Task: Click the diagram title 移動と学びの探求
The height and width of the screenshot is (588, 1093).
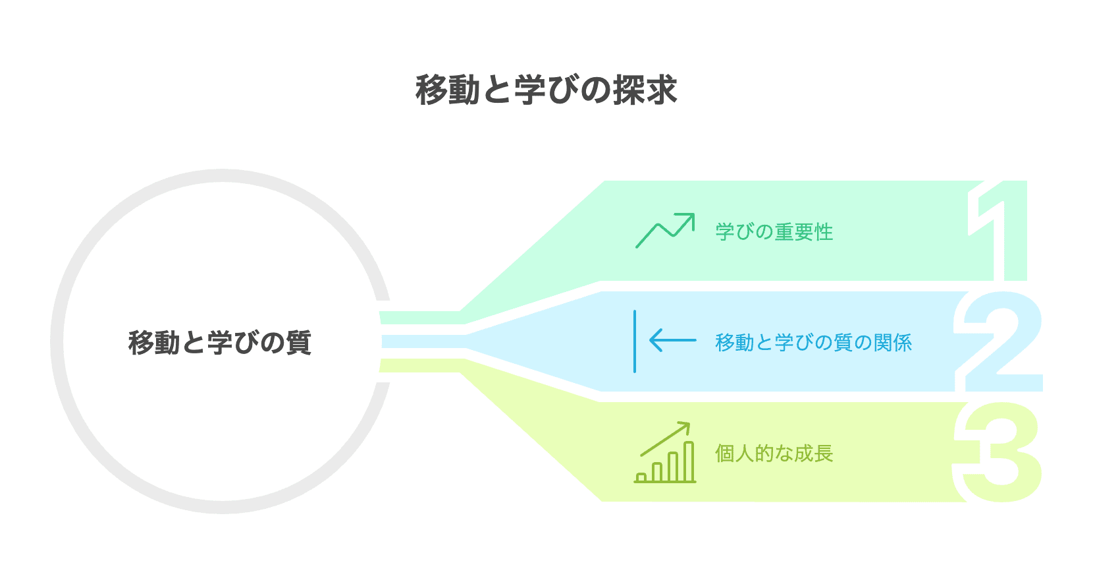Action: point(546,90)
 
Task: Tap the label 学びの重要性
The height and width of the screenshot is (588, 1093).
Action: point(774,232)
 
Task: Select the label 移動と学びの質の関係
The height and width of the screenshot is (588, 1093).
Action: point(813,343)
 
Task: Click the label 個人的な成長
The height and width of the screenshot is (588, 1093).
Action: point(774,454)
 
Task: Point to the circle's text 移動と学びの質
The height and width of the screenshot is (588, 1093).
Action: point(219,343)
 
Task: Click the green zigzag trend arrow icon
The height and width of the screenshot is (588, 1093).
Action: point(664,231)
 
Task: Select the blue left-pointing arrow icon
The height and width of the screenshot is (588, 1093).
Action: point(672,340)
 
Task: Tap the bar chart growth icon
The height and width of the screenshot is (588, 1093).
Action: point(665,454)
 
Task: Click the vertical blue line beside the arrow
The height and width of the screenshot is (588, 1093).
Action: point(635,341)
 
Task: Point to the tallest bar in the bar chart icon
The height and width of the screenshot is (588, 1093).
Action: point(689,461)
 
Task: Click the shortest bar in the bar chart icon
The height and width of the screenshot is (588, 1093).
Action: point(641,477)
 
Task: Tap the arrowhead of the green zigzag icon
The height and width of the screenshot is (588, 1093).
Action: point(687,220)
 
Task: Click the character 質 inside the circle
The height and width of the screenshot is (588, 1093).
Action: point(299,343)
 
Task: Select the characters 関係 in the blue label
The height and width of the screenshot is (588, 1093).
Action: point(892,343)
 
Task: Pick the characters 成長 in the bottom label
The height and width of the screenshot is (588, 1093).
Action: point(813,454)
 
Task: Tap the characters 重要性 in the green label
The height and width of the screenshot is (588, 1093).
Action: point(803,232)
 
